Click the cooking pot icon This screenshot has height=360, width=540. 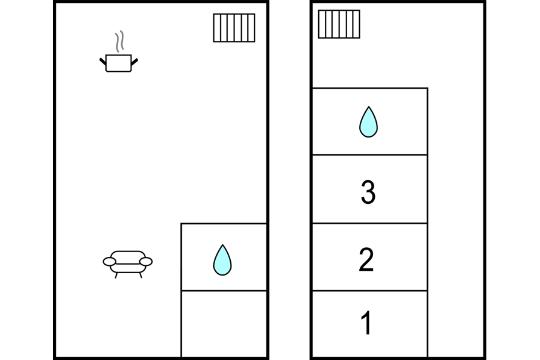119,63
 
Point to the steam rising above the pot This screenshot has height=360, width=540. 121,41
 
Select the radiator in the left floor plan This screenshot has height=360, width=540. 234,28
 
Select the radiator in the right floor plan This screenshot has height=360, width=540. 339,24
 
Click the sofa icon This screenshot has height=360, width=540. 128,261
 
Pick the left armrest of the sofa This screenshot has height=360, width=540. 109,262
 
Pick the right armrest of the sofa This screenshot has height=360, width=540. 146,262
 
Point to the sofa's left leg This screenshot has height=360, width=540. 116,275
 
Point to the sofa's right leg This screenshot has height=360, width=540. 140,275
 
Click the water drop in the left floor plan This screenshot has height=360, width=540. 222,260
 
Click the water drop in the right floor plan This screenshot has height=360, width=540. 368,122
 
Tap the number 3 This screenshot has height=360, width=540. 368,192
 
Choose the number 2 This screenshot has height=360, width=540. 366,259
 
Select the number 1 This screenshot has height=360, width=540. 366,323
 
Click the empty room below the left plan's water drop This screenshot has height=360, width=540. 224,324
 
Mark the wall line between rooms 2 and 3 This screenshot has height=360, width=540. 369,224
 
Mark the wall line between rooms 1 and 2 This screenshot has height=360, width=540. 369,291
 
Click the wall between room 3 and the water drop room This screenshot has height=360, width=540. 369,155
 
